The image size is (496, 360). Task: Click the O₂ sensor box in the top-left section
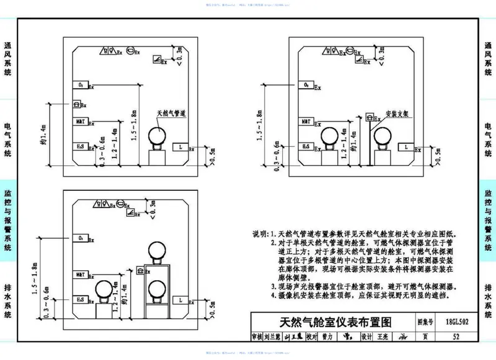pos(81,85)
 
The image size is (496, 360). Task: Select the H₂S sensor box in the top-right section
pos(306,146)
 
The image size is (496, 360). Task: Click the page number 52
pos(456,337)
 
